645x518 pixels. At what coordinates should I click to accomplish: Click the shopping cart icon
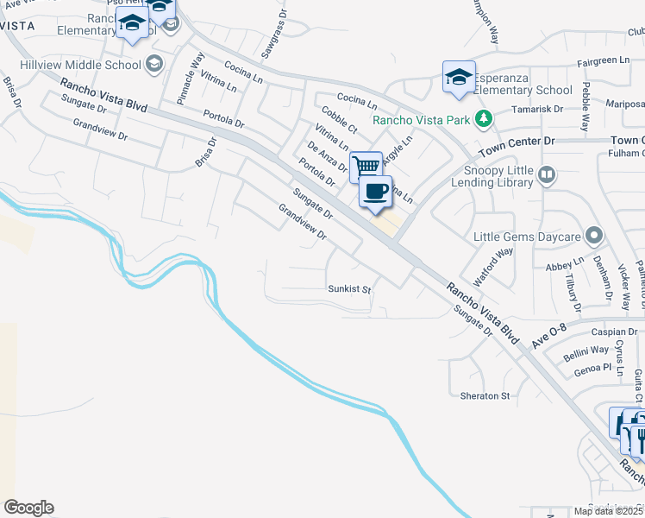click(366, 165)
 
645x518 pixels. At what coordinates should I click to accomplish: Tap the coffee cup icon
click(375, 191)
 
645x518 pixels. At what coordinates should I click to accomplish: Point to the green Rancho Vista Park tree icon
click(485, 117)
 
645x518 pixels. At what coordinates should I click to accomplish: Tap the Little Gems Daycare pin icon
click(592, 236)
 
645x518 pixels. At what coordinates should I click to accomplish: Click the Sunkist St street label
click(348, 289)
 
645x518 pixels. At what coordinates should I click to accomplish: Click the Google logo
click(28, 508)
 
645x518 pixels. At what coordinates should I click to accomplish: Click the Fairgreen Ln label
click(602, 61)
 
